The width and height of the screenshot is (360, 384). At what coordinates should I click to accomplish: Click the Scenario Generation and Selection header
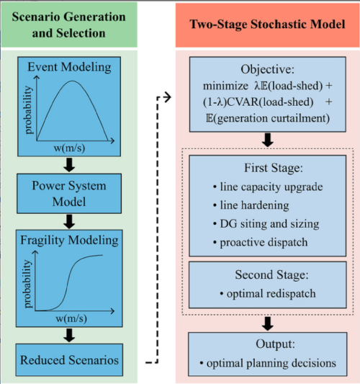tap(69, 24)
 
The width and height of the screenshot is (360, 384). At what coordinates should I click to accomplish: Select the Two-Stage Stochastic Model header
tap(267, 24)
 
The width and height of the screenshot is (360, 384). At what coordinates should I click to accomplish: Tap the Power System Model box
tap(69, 194)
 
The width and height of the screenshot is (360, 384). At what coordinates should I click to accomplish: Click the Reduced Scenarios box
tap(69, 360)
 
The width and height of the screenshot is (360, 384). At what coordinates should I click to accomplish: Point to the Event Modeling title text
tap(69, 67)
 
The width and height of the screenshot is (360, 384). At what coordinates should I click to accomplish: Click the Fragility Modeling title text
tap(69, 240)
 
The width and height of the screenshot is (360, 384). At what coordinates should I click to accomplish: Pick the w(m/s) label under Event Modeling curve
tap(69, 148)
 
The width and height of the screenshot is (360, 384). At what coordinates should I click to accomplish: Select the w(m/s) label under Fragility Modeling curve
tap(71, 318)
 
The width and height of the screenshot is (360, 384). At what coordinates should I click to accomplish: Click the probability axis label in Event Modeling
tap(29, 110)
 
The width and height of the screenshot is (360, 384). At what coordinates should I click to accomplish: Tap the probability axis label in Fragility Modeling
tap(27, 284)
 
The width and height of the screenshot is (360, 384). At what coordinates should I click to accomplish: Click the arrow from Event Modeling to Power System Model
tap(69, 165)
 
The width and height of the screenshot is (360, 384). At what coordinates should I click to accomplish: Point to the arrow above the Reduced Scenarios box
tap(69, 335)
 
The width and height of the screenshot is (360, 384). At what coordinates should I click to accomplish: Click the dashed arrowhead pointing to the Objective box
tap(167, 97)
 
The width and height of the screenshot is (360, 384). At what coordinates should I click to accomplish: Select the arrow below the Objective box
tap(268, 140)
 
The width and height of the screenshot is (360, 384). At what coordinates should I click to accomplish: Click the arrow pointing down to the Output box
tap(268, 323)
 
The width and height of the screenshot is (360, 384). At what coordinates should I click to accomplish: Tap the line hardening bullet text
tap(251, 205)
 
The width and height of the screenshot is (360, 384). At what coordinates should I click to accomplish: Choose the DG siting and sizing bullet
tap(266, 224)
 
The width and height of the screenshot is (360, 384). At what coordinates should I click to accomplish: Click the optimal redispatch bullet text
tap(268, 293)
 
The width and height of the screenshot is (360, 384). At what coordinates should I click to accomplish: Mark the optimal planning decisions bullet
tap(268, 363)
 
